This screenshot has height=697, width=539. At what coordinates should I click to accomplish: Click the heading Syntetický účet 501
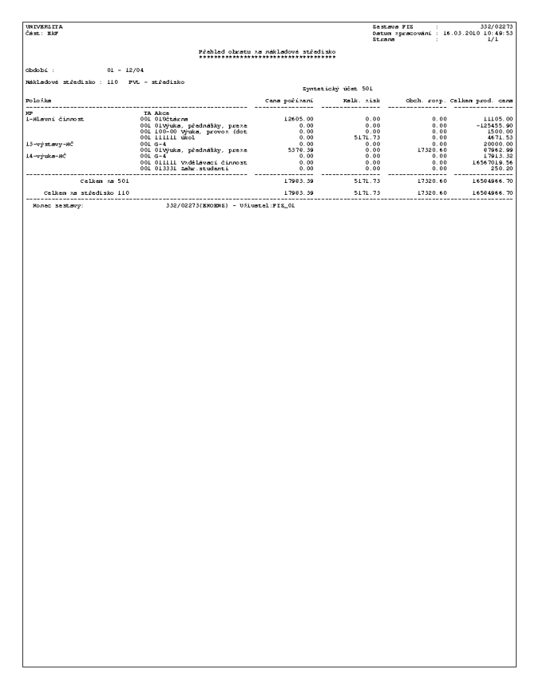click(x=338, y=90)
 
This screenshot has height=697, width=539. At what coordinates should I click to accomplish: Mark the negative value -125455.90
click(x=493, y=125)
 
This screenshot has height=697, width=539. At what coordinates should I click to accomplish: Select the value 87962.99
click(x=498, y=149)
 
